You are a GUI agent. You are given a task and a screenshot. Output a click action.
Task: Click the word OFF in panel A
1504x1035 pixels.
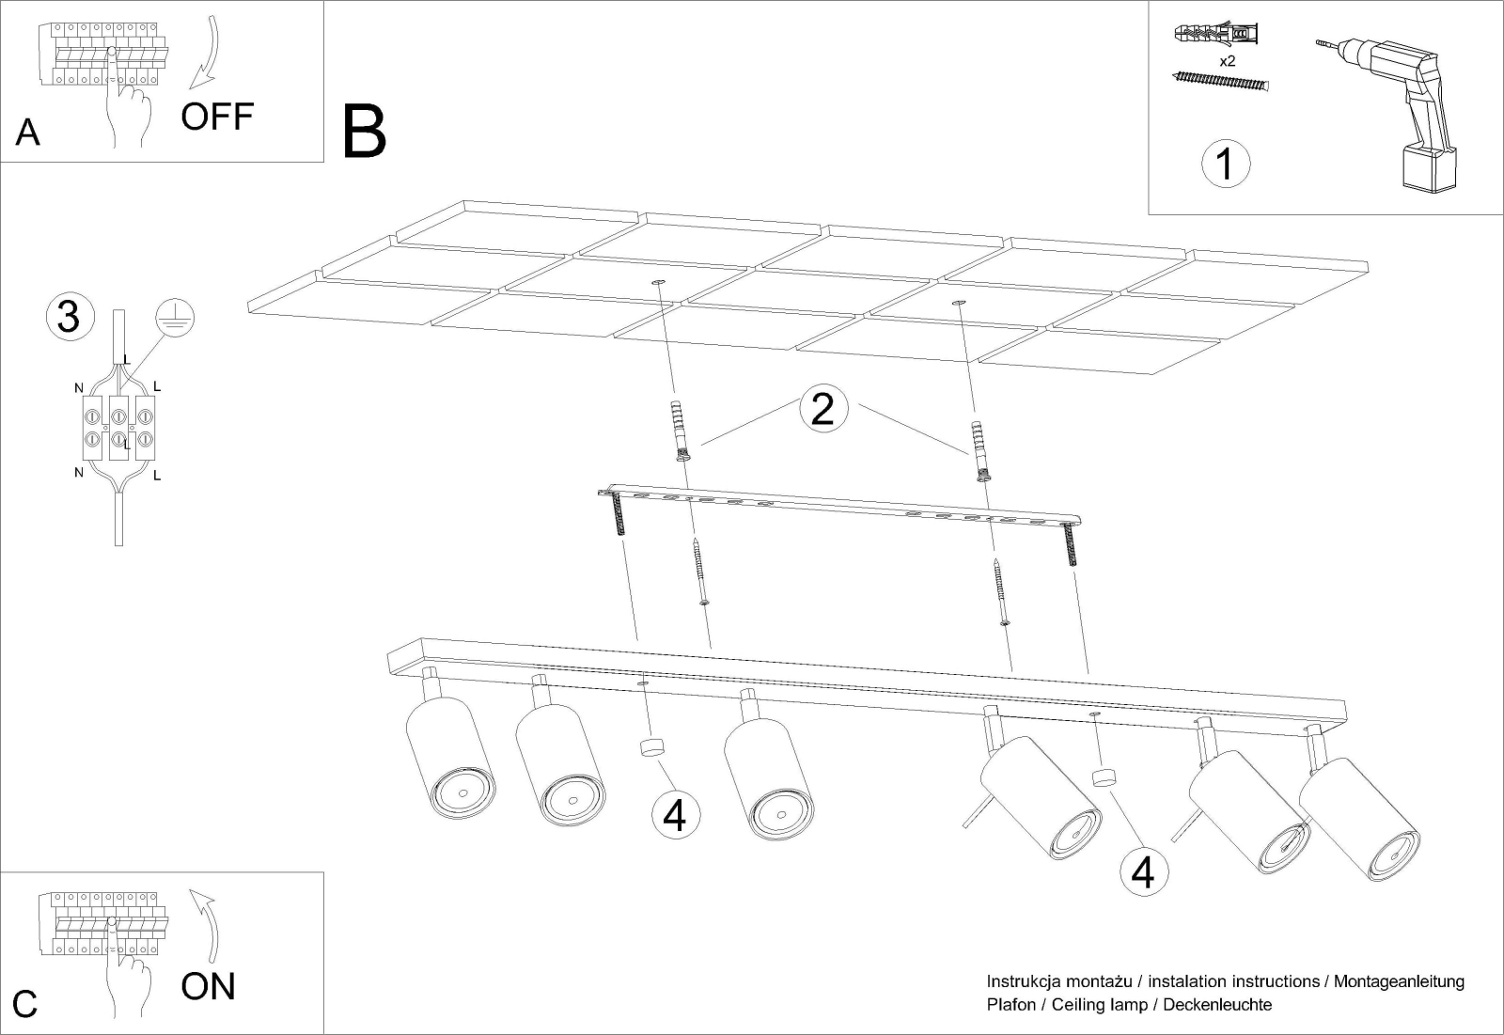click(217, 117)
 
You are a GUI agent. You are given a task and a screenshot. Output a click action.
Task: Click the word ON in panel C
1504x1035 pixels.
click(208, 987)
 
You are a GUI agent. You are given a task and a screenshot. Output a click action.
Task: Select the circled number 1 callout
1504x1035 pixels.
click(1226, 164)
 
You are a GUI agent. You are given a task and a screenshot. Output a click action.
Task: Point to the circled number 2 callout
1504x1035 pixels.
click(822, 408)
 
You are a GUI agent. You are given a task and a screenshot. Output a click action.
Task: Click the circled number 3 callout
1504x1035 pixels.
click(70, 317)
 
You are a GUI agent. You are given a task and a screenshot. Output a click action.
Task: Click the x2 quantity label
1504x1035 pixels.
click(1227, 61)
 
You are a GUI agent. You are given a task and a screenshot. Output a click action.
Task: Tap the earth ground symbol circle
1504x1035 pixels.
click(175, 318)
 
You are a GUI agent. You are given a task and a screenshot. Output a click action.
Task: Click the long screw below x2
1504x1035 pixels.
click(1221, 83)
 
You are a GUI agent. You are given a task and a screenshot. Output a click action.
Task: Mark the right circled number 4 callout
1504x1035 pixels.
click(1143, 871)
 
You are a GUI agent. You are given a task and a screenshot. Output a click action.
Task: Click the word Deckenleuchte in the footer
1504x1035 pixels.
click(1217, 1005)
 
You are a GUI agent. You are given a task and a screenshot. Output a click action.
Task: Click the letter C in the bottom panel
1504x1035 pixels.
click(24, 1004)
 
